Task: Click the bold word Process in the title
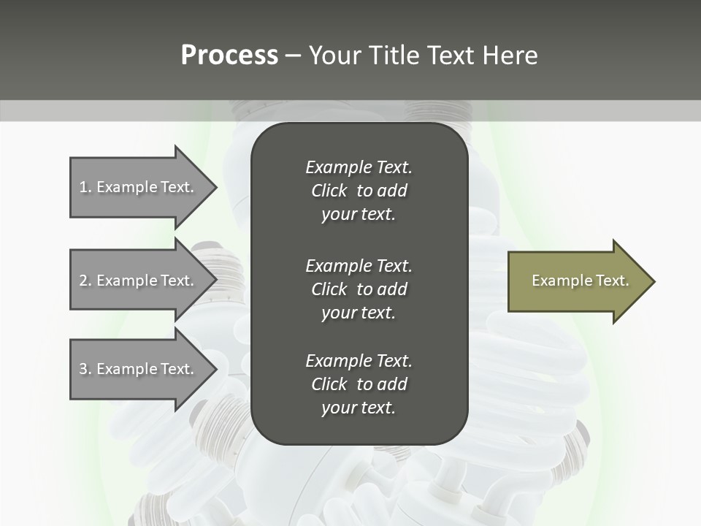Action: pyautogui.click(x=229, y=56)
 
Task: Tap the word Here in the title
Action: pyautogui.click(x=508, y=56)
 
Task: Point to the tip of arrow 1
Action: pyautogui.click(x=215, y=187)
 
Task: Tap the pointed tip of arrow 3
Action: pyautogui.click(x=215, y=369)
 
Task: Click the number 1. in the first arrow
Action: pyautogui.click(x=85, y=187)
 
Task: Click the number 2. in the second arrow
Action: pyautogui.click(x=85, y=281)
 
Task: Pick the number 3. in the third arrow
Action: pyautogui.click(x=85, y=369)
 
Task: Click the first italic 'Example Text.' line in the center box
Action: pyautogui.click(x=359, y=167)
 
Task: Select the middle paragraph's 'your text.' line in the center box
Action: pyautogui.click(x=359, y=313)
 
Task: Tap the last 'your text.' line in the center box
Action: pyautogui.click(x=359, y=408)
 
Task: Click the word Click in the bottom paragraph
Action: pyautogui.click(x=329, y=384)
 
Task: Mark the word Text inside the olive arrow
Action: pyautogui.click(x=611, y=281)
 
